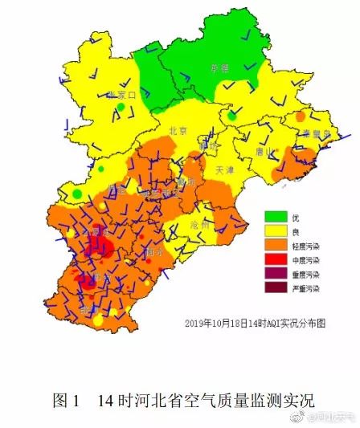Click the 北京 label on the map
[x=178, y=130]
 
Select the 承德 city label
[x=219, y=68]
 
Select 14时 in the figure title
[x=114, y=399]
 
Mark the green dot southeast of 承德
[x=232, y=116]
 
